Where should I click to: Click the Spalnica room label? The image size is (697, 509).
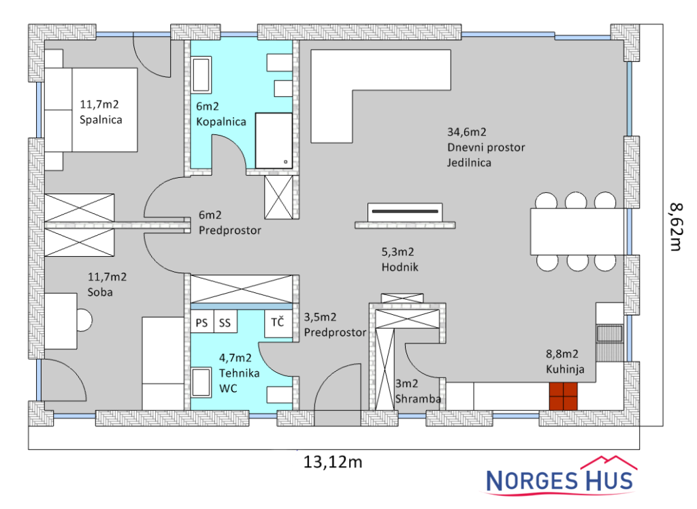coord(101,120)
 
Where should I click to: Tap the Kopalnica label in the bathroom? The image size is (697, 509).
coord(221,122)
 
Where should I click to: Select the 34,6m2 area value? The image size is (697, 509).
coord(467,132)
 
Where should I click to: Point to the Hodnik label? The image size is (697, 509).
coord(400,267)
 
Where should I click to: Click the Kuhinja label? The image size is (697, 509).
coord(565,369)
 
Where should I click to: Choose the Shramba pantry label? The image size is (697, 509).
coord(419,399)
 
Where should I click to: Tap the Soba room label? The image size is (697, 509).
coord(100,292)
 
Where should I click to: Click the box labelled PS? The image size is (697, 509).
coord(201,322)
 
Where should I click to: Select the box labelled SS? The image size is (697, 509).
coord(225,322)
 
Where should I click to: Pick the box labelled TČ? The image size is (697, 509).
coord(278,322)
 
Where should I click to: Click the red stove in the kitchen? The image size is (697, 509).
coord(563,396)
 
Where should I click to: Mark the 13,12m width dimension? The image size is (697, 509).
coord(333,462)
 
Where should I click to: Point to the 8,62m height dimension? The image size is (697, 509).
coord(676,226)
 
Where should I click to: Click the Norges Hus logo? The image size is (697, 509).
coord(560,476)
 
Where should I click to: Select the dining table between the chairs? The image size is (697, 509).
coord(577,232)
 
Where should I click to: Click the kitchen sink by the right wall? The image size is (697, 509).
coord(609,334)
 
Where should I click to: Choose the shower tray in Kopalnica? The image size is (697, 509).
coord(274,140)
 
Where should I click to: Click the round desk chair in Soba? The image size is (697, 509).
coord(84,320)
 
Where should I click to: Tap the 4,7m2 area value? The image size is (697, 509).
coord(235,358)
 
